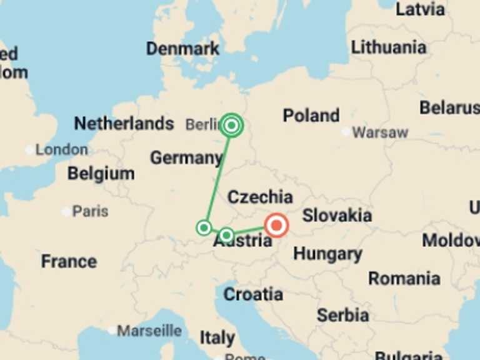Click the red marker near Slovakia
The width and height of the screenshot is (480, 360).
point(276,226)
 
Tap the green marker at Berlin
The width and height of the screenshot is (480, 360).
point(232,126)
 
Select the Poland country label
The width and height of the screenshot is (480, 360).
point(311,116)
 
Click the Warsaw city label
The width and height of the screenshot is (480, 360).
point(380,132)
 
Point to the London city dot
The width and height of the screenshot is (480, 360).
point(29,150)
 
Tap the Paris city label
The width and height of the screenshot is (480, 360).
point(90,211)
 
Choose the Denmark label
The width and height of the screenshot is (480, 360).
point(182,49)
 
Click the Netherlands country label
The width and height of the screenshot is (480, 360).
point(124,124)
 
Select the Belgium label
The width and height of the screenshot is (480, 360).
point(101,174)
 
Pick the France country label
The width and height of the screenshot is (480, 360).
point(69,261)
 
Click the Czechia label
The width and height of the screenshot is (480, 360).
point(260,197)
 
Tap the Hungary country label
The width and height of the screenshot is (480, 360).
point(327,254)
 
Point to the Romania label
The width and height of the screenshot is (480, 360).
point(404,278)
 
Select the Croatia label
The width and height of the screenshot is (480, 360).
point(253,294)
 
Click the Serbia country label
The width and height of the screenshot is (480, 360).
point(342,315)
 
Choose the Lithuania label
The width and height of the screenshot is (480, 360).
point(389,47)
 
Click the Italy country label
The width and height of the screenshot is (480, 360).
point(217,338)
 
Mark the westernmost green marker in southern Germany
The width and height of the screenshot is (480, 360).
point(204,228)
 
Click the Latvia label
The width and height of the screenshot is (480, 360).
point(421,9)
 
